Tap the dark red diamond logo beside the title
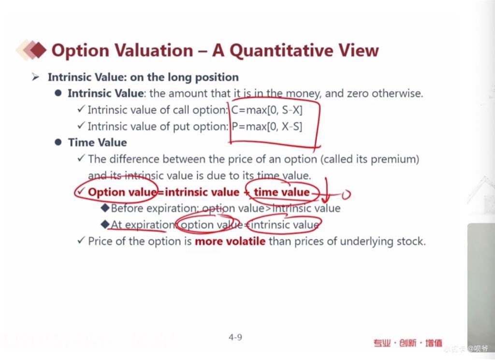click(x=39, y=50)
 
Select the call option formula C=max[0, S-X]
click(x=267, y=110)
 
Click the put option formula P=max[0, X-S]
click(x=267, y=127)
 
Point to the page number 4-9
click(x=235, y=337)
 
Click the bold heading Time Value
click(x=98, y=143)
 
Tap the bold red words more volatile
click(x=230, y=241)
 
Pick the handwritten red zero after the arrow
click(x=346, y=194)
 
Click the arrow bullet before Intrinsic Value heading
click(x=35, y=77)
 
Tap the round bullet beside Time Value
click(x=58, y=142)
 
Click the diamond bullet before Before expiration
click(x=105, y=208)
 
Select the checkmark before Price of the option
click(x=81, y=241)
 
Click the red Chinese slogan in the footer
click(x=408, y=343)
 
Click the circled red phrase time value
click(x=282, y=192)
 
